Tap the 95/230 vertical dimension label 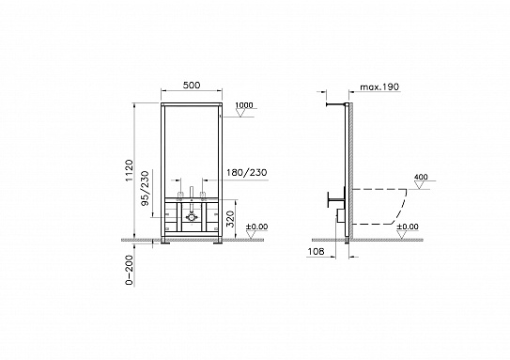[x=143, y=188]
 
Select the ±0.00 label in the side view [x=408, y=227]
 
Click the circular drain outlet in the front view [x=191, y=215]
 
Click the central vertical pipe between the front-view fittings [x=191, y=194]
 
